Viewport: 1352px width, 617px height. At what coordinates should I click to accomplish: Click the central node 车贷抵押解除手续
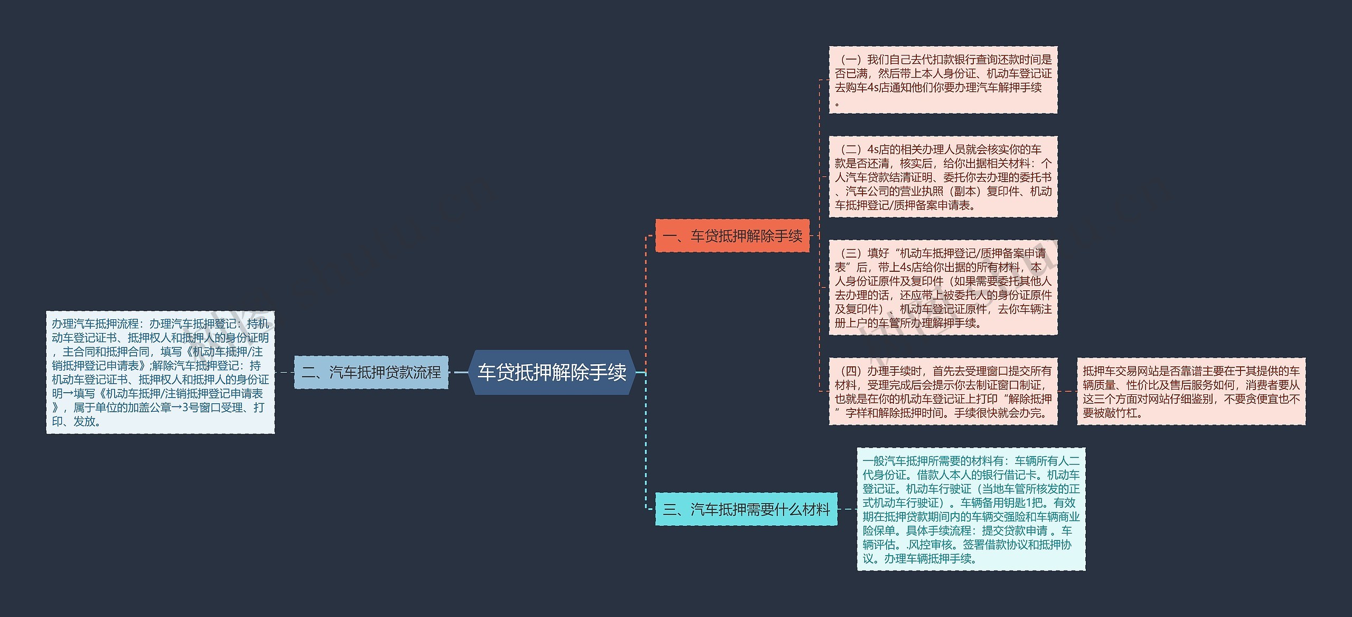551,372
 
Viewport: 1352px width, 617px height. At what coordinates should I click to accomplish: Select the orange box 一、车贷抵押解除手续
732,235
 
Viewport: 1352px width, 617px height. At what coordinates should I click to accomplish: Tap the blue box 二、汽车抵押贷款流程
371,372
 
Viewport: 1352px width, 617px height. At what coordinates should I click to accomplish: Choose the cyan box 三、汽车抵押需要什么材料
746,509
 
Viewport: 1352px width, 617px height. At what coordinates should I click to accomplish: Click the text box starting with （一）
943,80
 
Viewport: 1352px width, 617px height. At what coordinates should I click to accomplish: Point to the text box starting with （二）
943,177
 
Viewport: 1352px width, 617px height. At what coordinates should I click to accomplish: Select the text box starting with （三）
943,288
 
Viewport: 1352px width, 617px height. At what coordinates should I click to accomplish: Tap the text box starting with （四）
943,391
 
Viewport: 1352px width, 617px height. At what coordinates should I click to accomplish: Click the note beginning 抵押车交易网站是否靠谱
1191,391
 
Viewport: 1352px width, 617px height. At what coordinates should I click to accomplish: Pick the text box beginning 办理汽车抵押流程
160,372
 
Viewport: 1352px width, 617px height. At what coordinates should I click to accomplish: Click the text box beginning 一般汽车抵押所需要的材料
971,509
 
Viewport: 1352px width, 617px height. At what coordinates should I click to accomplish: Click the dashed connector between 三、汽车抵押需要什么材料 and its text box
847,509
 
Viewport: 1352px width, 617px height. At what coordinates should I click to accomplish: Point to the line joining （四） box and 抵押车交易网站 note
1067,391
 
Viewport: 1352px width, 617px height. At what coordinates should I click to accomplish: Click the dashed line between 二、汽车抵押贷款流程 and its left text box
284,372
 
